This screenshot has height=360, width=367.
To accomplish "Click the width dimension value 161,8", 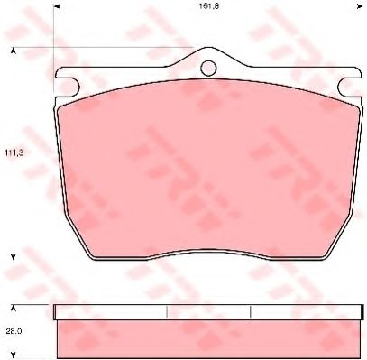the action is (x=208, y=6).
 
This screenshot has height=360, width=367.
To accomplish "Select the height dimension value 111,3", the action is (x=14, y=152).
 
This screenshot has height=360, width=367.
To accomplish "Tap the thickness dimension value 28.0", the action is (x=14, y=331).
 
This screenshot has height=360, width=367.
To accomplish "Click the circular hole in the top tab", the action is (x=208, y=68).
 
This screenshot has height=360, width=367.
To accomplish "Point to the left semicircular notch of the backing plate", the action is (x=74, y=88).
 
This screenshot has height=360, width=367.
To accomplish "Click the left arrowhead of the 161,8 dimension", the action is (x=58, y=6).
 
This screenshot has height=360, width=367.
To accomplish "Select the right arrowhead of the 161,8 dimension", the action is (x=359, y=6).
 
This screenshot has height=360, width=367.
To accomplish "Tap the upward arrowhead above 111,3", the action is (x=14, y=51).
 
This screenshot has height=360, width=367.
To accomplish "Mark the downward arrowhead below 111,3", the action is (x=14, y=256).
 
